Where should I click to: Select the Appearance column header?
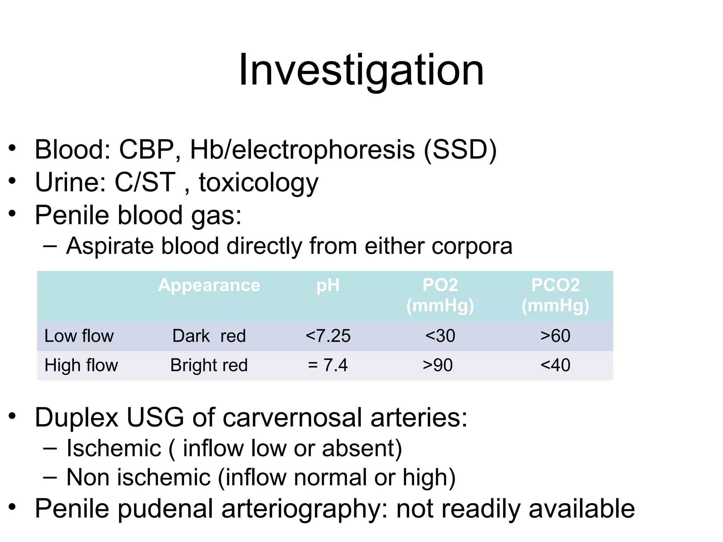pyautogui.click(x=209, y=285)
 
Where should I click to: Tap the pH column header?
pyautogui.click(x=328, y=285)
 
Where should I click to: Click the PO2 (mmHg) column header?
pyautogui.click(x=440, y=295)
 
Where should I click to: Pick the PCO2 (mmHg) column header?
pyautogui.click(x=555, y=295)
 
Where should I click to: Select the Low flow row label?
pyautogui.click(x=79, y=336)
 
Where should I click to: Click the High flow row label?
pyautogui.click(x=81, y=365)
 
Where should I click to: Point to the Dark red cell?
pyautogui.click(x=209, y=336)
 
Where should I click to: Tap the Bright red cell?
pyautogui.click(x=209, y=365)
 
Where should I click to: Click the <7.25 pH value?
pyautogui.click(x=328, y=336)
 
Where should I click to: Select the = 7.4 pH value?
pyautogui.click(x=328, y=365)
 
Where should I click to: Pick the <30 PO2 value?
pyautogui.click(x=440, y=336)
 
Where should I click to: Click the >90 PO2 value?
pyautogui.click(x=438, y=365)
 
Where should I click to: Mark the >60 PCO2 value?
pyautogui.click(x=555, y=336)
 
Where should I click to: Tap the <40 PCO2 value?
pyautogui.click(x=555, y=365)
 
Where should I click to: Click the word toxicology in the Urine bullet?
pyautogui.click(x=258, y=183)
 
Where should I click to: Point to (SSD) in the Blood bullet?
pyautogui.click(x=460, y=150)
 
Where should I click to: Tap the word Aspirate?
pyautogui.click(x=110, y=246)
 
